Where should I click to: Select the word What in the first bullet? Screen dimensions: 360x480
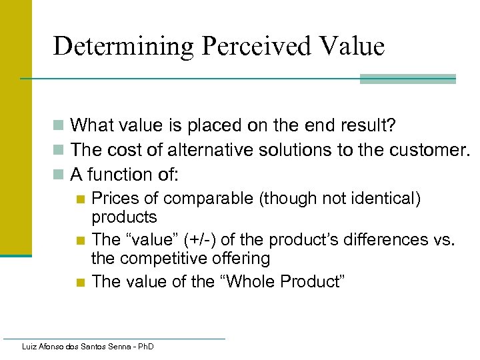(x=91, y=125)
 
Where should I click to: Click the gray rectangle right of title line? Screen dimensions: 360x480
(x=407, y=79)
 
